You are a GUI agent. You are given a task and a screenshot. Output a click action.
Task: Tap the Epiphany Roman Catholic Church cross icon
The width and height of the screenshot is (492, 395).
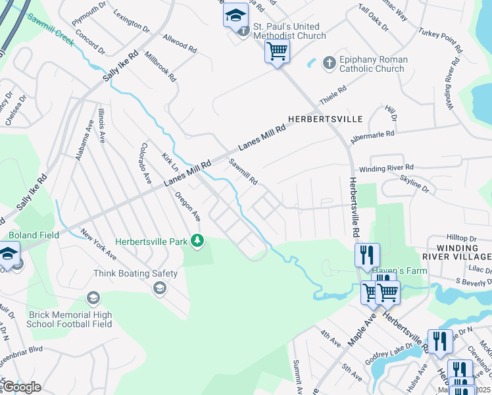tap(329, 64)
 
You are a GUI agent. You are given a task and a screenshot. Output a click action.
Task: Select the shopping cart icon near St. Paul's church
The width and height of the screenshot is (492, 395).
tap(277, 51)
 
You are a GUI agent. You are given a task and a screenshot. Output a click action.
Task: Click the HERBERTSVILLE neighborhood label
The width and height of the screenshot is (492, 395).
tap(325, 119)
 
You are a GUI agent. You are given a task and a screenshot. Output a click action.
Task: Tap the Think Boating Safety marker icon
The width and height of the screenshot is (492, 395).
tap(159, 287)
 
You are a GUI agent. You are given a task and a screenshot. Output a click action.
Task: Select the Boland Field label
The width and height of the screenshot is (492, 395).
tap(34, 235)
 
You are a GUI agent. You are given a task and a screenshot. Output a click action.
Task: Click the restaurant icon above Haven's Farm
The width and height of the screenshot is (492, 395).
tap(367, 254)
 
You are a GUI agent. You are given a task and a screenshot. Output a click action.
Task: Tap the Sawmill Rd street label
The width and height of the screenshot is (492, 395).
tap(243, 171)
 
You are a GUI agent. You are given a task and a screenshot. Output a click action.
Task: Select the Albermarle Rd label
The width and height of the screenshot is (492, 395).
tap(372, 134)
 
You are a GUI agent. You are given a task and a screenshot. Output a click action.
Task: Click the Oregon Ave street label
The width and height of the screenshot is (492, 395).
tap(187, 206)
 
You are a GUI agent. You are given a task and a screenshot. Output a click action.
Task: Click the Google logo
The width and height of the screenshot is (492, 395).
tap(21, 387)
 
